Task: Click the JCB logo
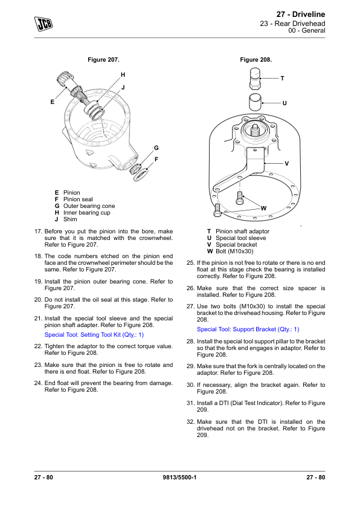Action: click(x=43, y=24)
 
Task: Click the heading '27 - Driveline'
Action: click(x=301, y=15)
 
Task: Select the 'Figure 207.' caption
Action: click(x=103, y=60)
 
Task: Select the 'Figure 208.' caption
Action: click(x=256, y=60)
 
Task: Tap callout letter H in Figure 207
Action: click(x=123, y=75)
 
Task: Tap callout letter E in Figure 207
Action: click(x=52, y=102)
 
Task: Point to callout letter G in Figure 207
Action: click(x=156, y=148)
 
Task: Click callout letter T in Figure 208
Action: click(x=283, y=78)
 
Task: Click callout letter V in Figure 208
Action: click(x=287, y=164)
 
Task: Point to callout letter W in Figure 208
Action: click(x=264, y=209)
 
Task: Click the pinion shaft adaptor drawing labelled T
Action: click(x=255, y=79)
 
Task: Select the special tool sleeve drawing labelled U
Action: click(x=256, y=103)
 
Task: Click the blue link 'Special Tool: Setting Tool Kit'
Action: click(x=94, y=335)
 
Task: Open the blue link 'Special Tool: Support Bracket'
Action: click(x=248, y=329)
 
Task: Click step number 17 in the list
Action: click(x=39, y=232)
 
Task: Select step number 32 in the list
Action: click(x=190, y=422)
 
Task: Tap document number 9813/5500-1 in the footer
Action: click(x=179, y=477)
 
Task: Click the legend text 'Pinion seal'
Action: click(x=78, y=199)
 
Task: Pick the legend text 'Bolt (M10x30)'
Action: click(x=234, y=251)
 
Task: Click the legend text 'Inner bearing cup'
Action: click(x=86, y=213)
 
